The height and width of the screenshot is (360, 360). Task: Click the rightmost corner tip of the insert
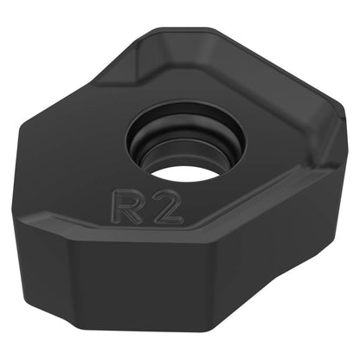pos(345,115)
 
